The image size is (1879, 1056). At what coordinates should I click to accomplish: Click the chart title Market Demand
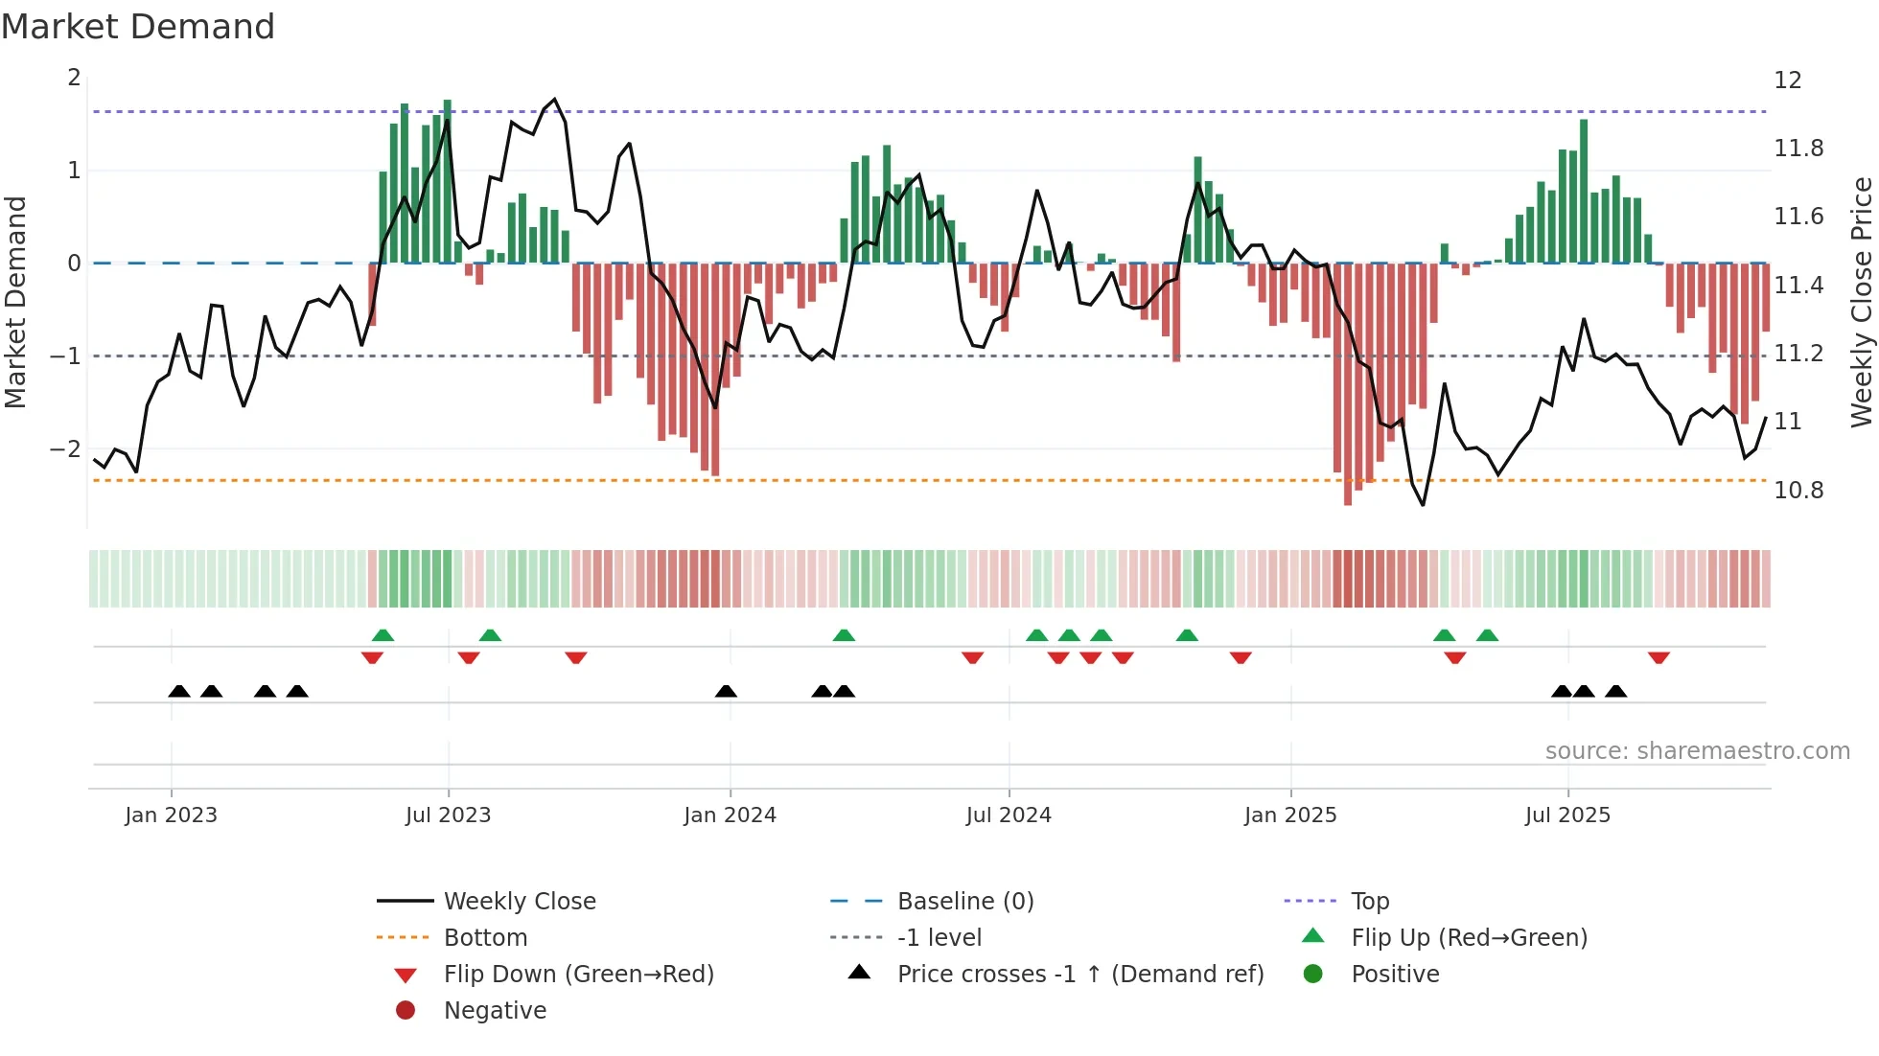138,27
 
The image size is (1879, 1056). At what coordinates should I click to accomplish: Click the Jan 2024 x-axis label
730,815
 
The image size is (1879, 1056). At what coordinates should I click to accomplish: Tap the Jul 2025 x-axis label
1567,815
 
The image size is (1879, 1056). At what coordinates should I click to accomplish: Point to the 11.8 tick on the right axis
1798,149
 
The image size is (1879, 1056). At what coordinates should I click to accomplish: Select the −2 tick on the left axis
66,449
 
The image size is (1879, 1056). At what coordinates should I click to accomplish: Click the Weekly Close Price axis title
1861,302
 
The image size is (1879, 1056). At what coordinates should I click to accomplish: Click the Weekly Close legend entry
519,902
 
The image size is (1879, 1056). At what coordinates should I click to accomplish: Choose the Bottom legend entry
485,938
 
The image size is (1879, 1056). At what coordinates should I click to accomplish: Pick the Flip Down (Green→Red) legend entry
578,975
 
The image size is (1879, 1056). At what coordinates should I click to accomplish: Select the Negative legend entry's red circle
406,1010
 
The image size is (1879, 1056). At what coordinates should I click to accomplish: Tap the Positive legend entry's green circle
1313,975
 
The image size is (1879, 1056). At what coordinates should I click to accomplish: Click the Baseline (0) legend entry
964,902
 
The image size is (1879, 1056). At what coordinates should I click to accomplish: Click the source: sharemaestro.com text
1697,751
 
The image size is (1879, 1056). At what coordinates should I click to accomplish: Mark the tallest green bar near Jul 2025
1584,191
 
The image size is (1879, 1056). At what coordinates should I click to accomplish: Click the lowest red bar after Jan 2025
1348,383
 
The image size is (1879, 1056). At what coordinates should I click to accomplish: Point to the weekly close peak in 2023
555,100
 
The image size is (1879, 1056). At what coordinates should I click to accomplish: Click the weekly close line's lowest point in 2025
1423,505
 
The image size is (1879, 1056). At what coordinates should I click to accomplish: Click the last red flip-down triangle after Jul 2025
1659,658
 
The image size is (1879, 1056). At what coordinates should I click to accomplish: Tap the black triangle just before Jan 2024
726,691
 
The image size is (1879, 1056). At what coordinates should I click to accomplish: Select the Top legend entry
1369,902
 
